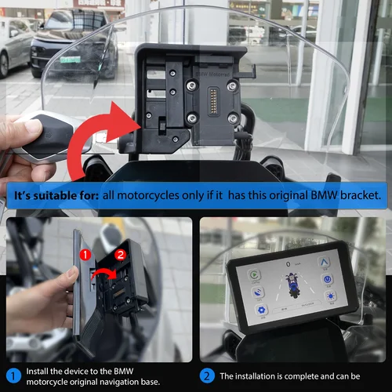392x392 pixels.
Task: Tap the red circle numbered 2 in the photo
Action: tap(119, 253)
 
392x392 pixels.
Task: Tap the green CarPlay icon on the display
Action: tap(255, 275)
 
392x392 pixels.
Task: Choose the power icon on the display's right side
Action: tap(325, 277)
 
